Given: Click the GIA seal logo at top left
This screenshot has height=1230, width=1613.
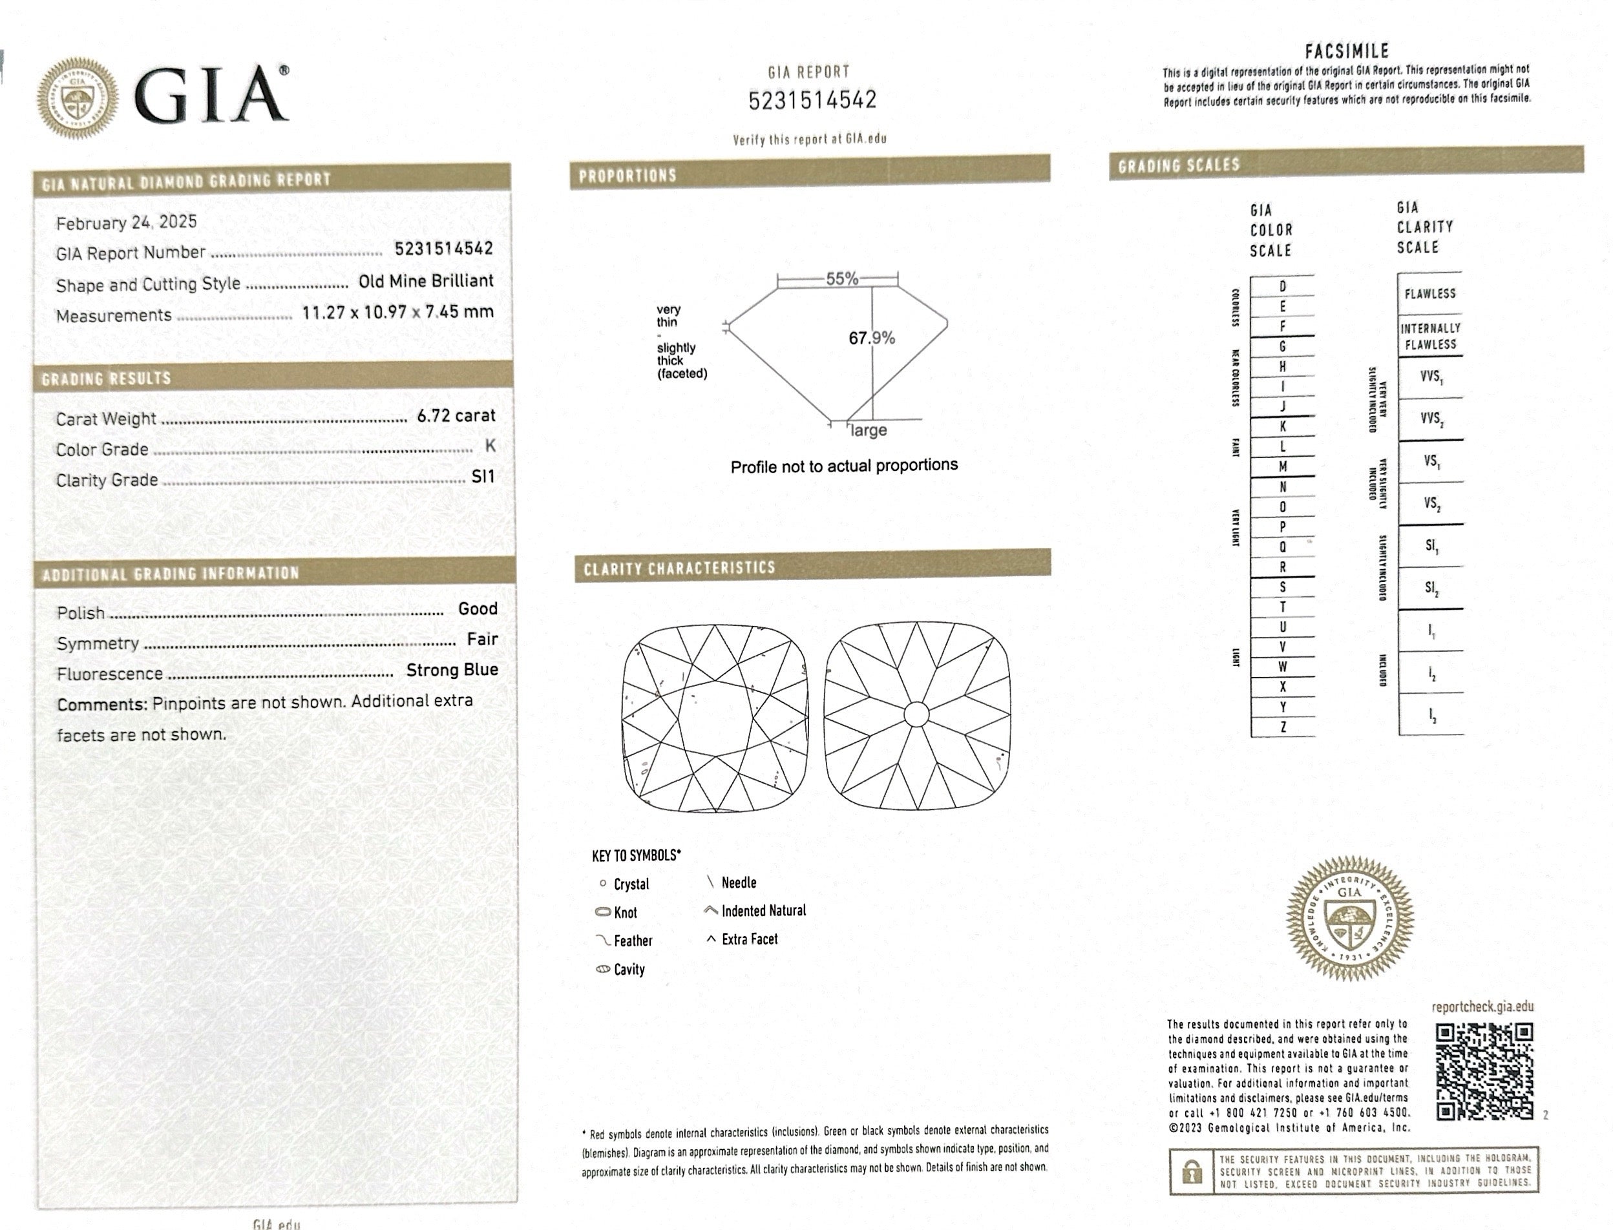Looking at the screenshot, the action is [x=78, y=98].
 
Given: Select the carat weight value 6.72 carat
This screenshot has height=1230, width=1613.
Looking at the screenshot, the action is [x=456, y=416].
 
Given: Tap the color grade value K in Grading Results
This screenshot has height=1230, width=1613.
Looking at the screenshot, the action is [x=490, y=446].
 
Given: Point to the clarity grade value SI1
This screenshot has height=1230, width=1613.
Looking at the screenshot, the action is [x=483, y=477].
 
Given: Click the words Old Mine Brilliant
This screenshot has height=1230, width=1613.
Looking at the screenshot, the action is [x=426, y=281].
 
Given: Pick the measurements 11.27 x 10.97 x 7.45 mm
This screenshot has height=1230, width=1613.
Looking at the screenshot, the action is [x=397, y=312].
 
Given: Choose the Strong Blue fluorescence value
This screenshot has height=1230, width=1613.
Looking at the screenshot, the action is [x=452, y=670].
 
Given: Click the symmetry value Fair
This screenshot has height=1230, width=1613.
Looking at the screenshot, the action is [x=483, y=639].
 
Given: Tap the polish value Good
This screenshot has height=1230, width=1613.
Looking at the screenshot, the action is [x=478, y=609].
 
